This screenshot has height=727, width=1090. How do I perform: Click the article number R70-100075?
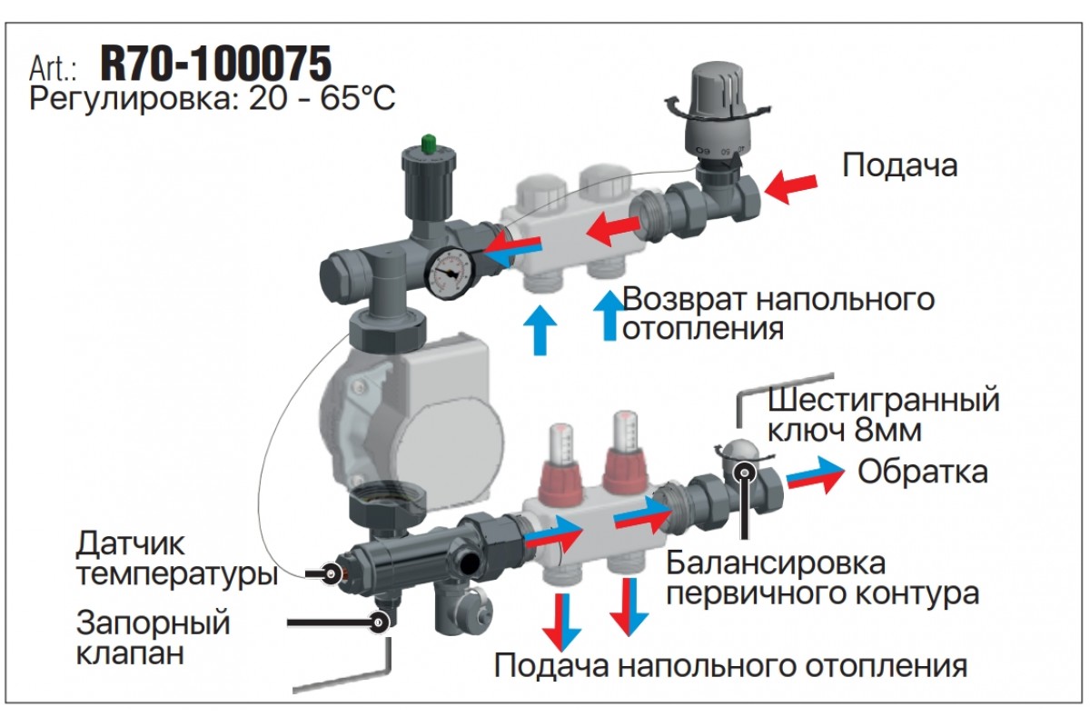[x=215, y=64]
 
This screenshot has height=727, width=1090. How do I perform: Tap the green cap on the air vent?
[x=429, y=144]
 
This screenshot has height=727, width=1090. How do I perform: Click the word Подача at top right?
[x=900, y=165]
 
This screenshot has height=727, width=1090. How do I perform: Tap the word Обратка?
[x=923, y=472]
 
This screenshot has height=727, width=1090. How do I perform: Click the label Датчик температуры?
[x=177, y=559]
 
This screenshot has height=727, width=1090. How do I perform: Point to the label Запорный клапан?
[x=153, y=637]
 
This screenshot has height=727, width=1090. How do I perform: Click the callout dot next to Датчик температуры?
[x=332, y=573]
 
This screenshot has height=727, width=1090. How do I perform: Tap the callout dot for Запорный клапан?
[x=379, y=622]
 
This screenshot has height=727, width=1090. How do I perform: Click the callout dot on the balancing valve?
[x=745, y=472]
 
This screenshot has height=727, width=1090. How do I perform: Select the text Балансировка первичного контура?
[x=823, y=578]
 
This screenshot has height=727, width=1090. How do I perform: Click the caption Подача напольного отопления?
[x=731, y=665]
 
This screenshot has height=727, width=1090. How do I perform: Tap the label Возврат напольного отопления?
[x=778, y=314]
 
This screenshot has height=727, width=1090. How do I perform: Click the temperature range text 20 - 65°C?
[x=322, y=99]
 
